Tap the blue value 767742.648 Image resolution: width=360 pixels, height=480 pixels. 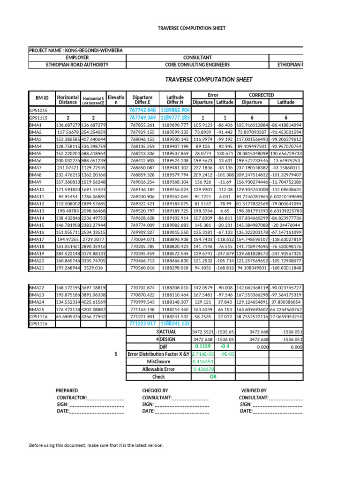coord(142,110)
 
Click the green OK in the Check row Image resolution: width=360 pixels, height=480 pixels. coord(213,376)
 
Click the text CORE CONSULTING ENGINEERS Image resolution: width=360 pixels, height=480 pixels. coord(197,65)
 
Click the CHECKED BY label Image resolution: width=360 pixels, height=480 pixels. coord(155,390)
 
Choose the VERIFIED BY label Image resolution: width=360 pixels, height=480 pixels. coord(254,390)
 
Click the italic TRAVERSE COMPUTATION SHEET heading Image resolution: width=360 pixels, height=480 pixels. coord(209,79)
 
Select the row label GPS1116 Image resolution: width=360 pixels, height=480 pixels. coord(39,323)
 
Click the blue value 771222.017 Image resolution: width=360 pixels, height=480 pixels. coord(142,323)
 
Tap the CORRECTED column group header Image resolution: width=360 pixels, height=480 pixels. coord(262,95)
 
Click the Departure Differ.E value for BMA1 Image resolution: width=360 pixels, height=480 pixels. coord(142,125)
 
